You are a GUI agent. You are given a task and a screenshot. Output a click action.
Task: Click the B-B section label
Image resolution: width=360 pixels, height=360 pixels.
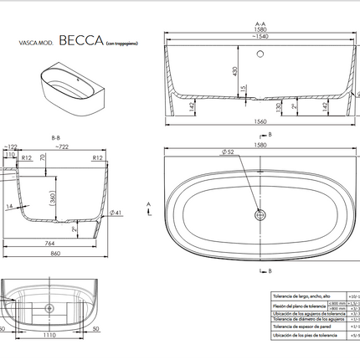coord(56,137)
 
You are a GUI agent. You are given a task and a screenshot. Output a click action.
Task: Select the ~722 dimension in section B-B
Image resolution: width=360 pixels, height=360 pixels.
coord(62,147)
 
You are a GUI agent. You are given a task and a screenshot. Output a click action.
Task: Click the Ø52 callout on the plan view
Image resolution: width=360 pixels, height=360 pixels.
coord(228,152)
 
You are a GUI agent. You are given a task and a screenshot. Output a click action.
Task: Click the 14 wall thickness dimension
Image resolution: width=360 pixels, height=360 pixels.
coord(11,205)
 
